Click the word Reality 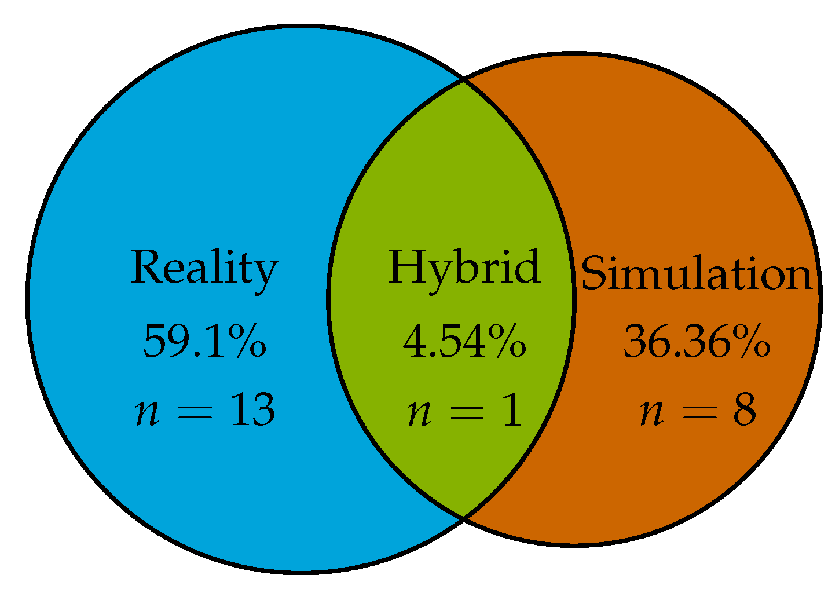[204, 268]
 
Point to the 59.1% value [204, 342]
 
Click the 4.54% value [464, 342]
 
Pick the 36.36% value [697, 342]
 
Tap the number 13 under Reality [252, 410]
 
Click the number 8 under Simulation [744, 410]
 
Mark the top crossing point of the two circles [463, 80]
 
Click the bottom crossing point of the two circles [463, 517]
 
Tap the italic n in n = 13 [147, 413]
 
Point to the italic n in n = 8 [651, 413]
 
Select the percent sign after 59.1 [249, 342]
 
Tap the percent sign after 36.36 [753, 342]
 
